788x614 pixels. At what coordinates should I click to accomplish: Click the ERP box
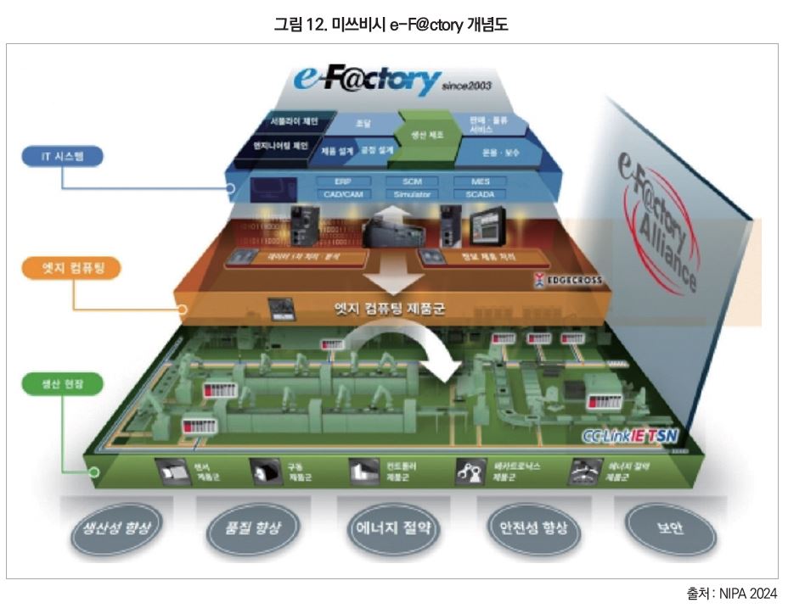[x=342, y=181]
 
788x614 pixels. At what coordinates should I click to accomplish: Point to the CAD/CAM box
[x=342, y=194]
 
